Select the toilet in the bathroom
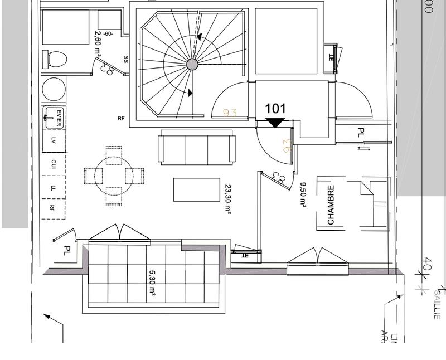pos(55,59)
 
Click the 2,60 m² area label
pos(98,45)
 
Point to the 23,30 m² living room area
pos(228,199)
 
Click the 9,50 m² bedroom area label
pos(303,195)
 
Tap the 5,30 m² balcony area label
pos(152,284)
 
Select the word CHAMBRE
pos(331,205)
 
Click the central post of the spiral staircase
pos(192,65)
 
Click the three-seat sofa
pos(196,148)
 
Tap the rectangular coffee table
pos(196,189)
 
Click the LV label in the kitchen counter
pos(54,140)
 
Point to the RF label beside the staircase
pos(121,119)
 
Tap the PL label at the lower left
pos(67,252)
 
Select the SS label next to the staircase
pos(125,59)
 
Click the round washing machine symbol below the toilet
pos(54,89)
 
